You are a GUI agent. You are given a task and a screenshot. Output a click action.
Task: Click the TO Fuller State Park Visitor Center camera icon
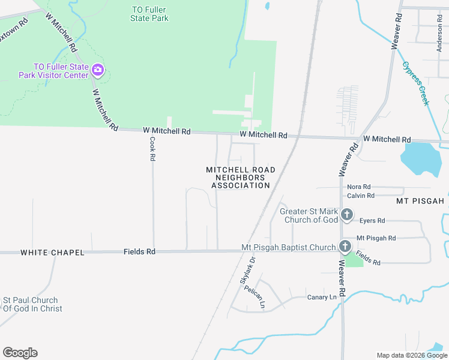pyautogui.click(x=98, y=71)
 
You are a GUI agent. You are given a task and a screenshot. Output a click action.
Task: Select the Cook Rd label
pyautogui.click(x=152, y=149)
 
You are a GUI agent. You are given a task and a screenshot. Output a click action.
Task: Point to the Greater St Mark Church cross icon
pyautogui.click(x=346, y=215)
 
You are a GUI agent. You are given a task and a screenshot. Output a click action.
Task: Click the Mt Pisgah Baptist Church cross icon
pyautogui.click(x=345, y=247)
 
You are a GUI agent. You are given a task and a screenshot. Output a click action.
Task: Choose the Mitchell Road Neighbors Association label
pyautogui.click(x=241, y=178)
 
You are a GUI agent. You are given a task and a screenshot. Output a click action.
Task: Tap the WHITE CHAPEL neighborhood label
pyautogui.click(x=52, y=253)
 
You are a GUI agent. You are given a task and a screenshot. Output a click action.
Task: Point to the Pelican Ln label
pyautogui.click(x=255, y=296)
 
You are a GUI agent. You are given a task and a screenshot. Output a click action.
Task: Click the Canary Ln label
pyautogui.click(x=322, y=297)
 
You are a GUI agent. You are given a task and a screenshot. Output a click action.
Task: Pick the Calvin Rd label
pyautogui.click(x=361, y=196)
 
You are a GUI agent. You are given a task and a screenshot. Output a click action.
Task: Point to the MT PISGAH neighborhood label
pyautogui.click(x=420, y=200)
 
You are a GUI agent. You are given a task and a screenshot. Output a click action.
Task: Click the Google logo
pyautogui.click(x=20, y=353)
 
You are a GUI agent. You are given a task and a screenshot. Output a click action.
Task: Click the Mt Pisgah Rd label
pyautogui.click(x=376, y=238)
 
